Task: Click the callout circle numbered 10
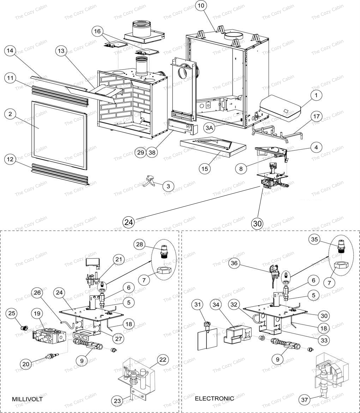pyautogui.click(x=201, y=6)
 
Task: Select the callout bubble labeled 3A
pyautogui.click(x=209, y=128)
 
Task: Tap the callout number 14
pyautogui.click(x=10, y=50)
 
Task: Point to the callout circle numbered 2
pyautogui.click(x=10, y=114)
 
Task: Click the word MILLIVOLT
pyautogui.click(x=27, y=399)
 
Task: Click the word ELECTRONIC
pyautogui.click(x=214, y=399)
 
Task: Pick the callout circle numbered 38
pyautogui.click(x=152, y=152)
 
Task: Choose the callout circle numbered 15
pyautogui.click(x=205, y=169)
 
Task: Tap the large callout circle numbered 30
pyautogui.click(x=257, y=223)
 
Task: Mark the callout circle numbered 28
pyautogui.click(x=139, y=244)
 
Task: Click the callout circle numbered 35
pyautogui.click(x=314, y=239)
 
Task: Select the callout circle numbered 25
pyautogui.click(x=12, y=313)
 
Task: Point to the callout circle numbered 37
pyautogui.click(x=305, y=400)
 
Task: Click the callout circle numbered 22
pyautogui.click(x=163, y=360)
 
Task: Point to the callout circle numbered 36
pyautogui.click(x=234, y=263)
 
